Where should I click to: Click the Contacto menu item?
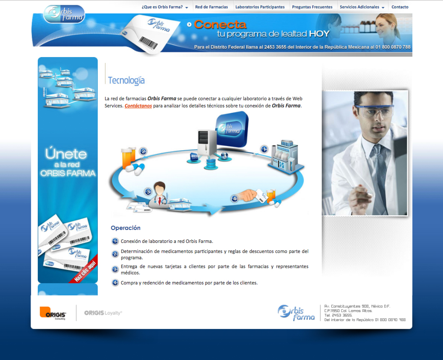[400, 7]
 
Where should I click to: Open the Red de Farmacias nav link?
[211, 7]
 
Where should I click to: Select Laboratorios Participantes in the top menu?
[260, 7]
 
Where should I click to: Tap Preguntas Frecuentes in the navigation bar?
[312, 7]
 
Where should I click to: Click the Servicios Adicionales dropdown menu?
[362, 7]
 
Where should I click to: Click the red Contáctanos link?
[138, 106]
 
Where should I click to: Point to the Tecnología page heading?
[126, 81]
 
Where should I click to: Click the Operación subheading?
[125, 228]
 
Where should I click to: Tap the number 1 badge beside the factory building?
[264, 149]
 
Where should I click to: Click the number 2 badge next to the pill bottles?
[143, 151]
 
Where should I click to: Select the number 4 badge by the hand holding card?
[234, 198]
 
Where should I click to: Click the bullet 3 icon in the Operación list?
[115, 269]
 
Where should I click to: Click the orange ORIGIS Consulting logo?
[53, 313]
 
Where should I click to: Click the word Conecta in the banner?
[220, 25]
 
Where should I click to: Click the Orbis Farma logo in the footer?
[296, 313]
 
